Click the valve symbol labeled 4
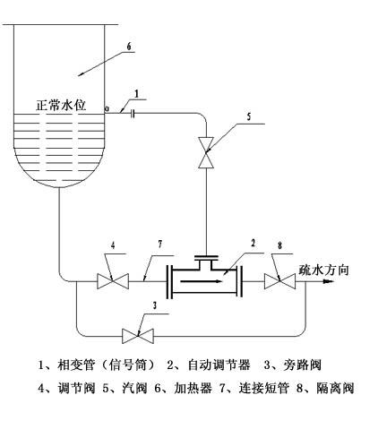point(113,281)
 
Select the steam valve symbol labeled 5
point(206,153)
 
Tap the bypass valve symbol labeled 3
point(138,336)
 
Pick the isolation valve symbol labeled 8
point(279,281)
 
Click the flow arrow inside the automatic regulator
point(202,281)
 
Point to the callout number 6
point(129,47)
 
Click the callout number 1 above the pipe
point(136,94)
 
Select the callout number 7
point(160,245)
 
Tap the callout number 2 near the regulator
point(253,243)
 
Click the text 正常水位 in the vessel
point(61,105)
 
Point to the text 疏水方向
point(323,270)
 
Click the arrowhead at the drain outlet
point(328,281)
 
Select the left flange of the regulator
point(169,281)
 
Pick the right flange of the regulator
point(239,281)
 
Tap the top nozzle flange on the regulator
point(206,257)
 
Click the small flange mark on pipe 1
point(133,113)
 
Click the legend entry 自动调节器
point(219,365)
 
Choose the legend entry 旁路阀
point(303,365)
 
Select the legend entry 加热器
point(193,388)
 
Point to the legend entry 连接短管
point(264,388)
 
